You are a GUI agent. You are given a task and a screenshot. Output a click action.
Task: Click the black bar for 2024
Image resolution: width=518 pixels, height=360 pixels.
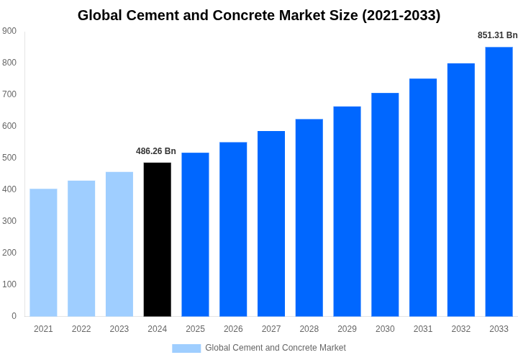158,240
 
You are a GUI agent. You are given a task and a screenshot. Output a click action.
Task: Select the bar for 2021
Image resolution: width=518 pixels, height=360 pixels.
43,253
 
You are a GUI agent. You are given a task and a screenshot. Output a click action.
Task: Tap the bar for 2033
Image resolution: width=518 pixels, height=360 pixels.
499,181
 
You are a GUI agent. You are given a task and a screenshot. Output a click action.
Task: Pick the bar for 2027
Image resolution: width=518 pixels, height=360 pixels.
271,224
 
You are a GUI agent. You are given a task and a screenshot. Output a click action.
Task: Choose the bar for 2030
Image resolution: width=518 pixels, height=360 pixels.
385,204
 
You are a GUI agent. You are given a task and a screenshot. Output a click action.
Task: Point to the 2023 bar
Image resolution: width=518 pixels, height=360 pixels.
119,244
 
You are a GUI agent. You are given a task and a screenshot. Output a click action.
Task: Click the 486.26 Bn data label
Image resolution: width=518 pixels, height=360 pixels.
156,151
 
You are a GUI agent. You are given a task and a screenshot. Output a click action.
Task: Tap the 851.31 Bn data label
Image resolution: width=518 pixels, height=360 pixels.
497,35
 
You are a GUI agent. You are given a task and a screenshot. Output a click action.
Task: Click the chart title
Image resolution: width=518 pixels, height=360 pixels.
259,15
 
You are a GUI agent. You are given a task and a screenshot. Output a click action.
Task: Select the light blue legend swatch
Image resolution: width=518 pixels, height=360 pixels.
186,348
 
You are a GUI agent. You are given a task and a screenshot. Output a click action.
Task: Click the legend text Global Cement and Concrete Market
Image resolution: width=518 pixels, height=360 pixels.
276,348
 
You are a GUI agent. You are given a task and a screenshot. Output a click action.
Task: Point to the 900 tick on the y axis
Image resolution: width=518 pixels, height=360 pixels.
9,31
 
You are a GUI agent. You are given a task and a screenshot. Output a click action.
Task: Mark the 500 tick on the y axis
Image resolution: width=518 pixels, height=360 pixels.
9,158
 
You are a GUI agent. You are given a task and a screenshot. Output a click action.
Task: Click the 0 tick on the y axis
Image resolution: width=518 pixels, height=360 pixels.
14,316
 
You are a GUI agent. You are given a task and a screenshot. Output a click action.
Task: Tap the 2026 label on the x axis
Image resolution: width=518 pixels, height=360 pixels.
233,329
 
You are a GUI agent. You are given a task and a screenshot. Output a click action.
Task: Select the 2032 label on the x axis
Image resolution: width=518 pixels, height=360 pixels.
461,329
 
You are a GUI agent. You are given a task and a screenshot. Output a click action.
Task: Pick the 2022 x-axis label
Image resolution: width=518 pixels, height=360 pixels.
81,329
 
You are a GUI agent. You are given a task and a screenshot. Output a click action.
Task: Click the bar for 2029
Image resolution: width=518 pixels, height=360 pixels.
347,212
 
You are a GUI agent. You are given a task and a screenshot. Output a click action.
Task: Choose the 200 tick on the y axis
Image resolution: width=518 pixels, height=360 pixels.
9,253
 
